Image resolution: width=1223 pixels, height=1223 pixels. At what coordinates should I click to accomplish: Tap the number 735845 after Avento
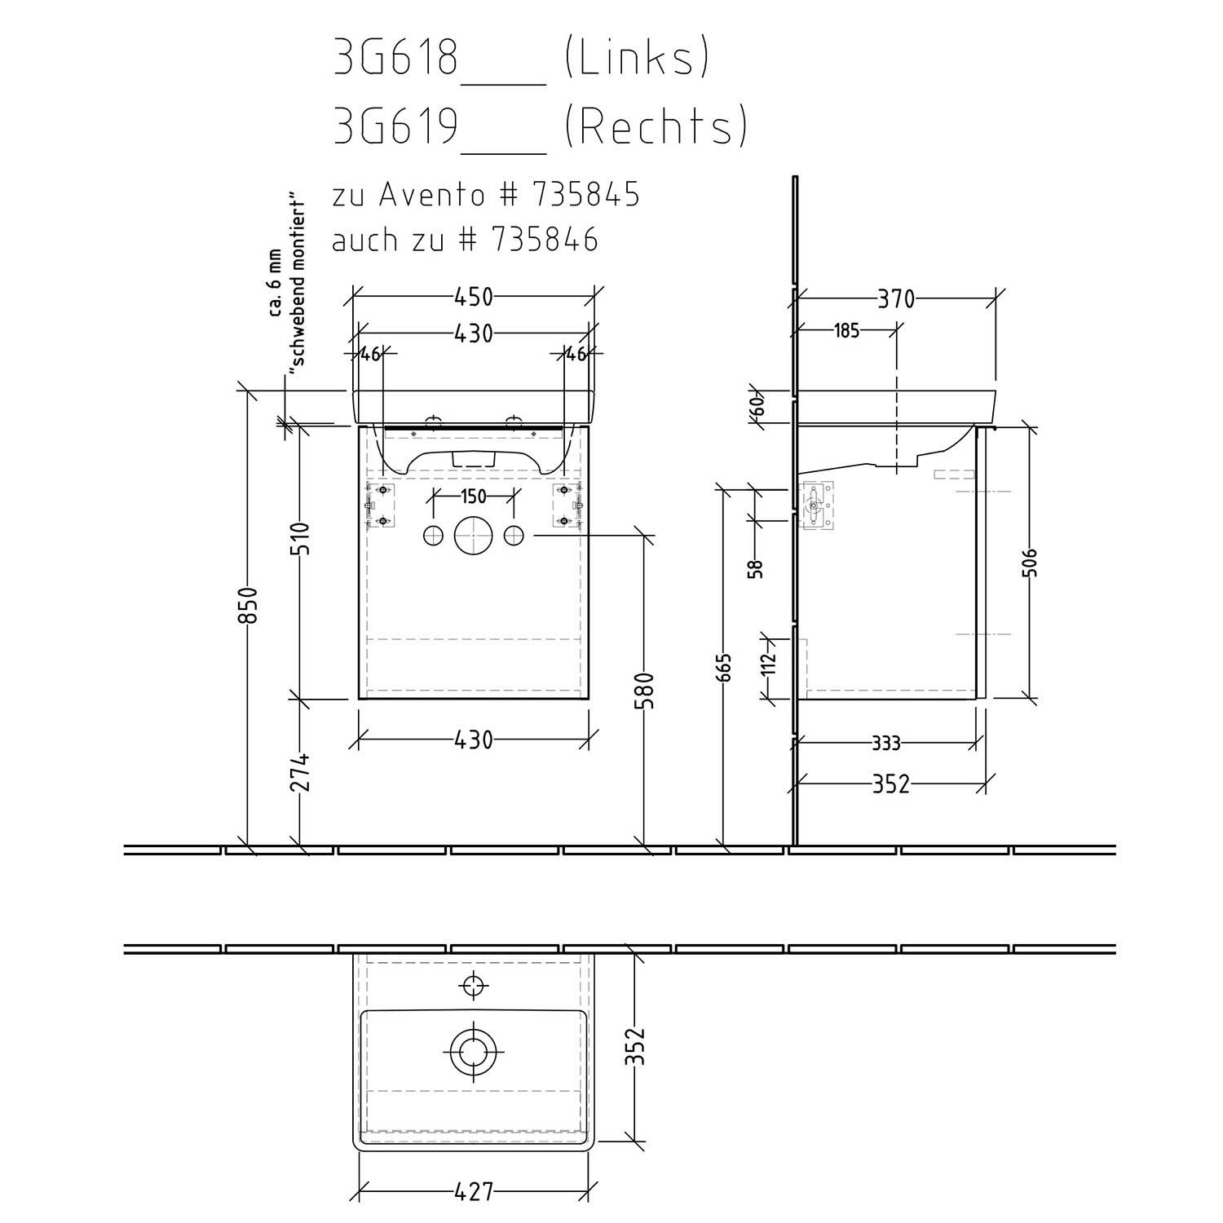pos(585,196)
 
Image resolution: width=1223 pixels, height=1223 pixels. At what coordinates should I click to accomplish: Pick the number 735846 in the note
pos(544,240)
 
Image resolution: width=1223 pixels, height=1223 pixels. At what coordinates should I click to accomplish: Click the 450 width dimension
pos(474,298)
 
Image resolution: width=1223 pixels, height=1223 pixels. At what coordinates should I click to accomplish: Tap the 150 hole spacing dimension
pos(474,497)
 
